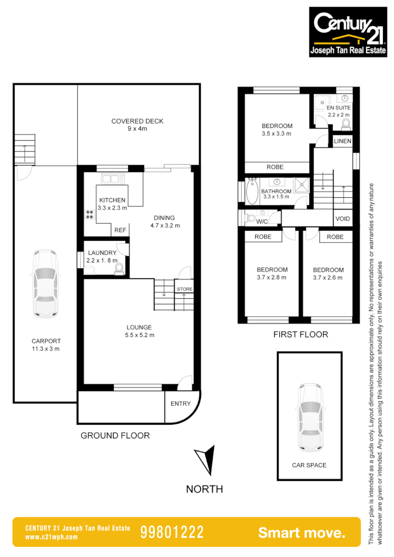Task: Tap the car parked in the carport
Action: pos(45,283)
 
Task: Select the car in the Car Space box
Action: pos(309,417)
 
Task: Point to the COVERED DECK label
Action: pos(137,121)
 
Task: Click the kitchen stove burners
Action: pos(88,215)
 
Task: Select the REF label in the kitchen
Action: pos(120,230)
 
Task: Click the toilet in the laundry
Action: pos(119,268)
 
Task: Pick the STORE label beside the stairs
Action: pos(184,289)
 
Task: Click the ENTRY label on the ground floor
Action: pos(181,403)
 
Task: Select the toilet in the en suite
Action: pos(346,124)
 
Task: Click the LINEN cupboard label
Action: pos(343,142)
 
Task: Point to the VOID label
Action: pos(343,218)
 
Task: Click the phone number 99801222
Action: pos(172,532)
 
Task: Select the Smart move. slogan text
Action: pos(302,532)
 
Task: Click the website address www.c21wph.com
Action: pos(51,537)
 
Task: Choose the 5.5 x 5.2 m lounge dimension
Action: pos(139,335)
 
